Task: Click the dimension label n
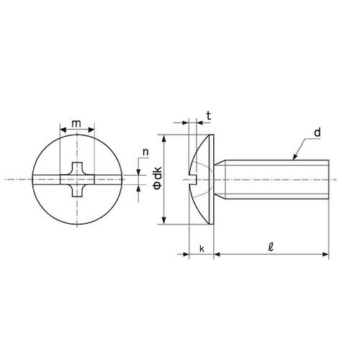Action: click(x=146, y=153)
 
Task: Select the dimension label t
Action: click(x=207, y=114)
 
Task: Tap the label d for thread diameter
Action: click(x=316, y=132)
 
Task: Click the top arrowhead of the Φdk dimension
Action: click(x=166, y=136)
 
